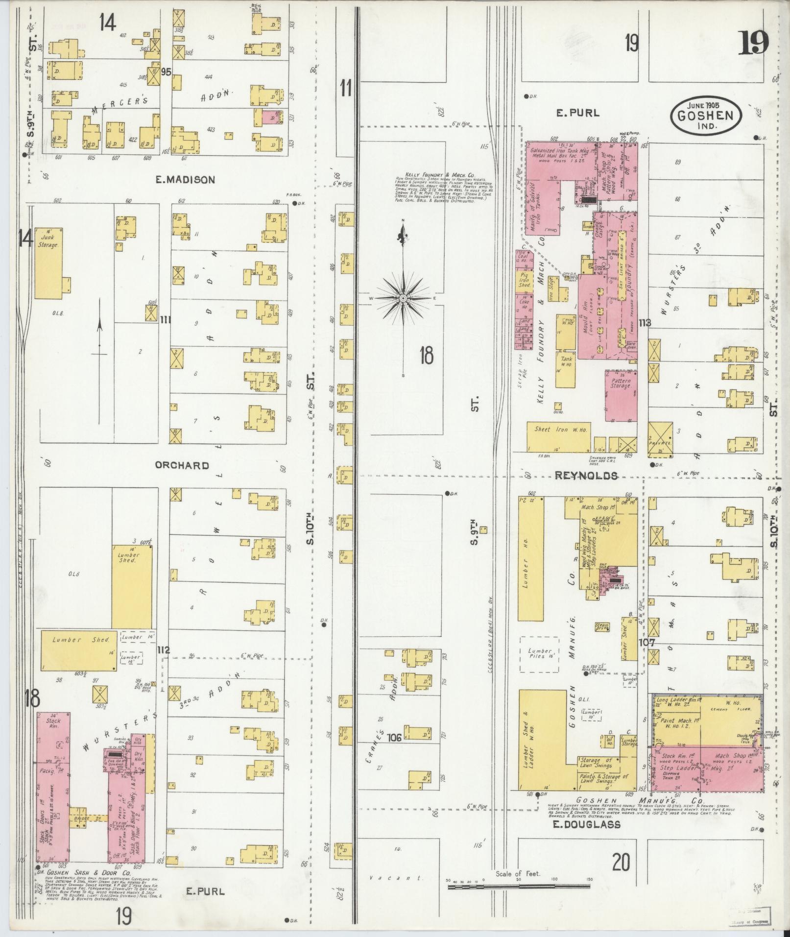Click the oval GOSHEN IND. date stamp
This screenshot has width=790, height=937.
[705, 116]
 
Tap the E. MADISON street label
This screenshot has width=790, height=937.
[185, 180]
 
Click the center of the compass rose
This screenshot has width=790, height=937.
[403, 298]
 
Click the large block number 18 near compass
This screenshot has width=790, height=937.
[426, 355]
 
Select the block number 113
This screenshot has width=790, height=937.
[645, 323]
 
